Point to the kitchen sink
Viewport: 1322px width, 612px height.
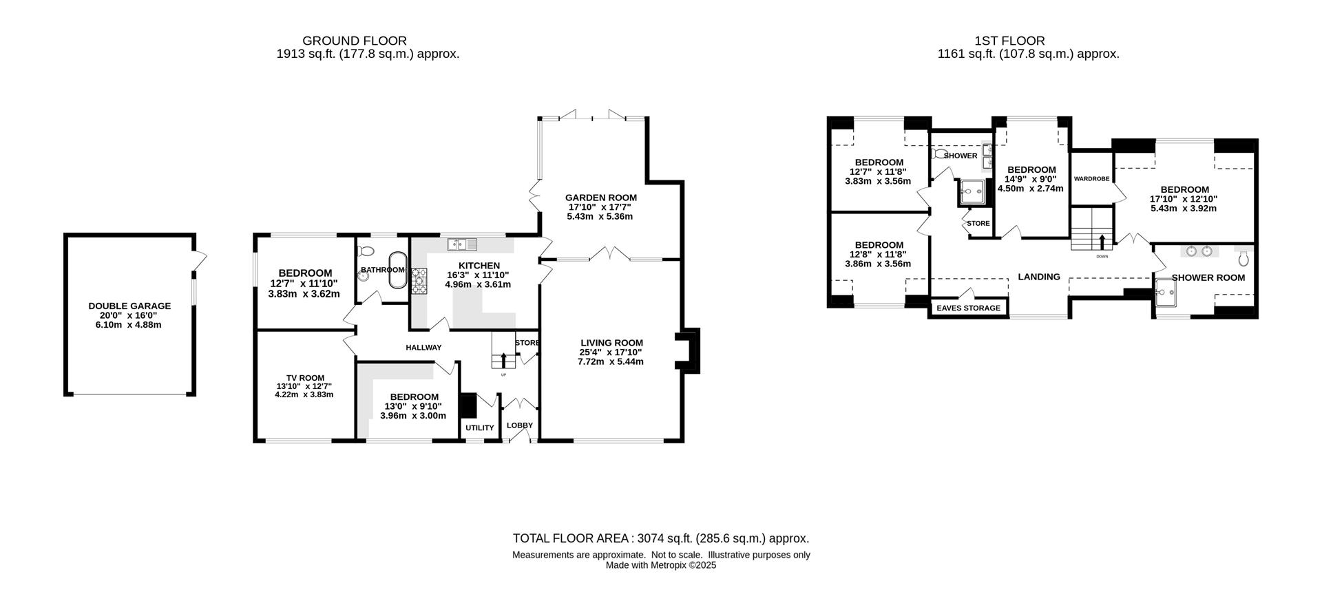[x=462, y=244]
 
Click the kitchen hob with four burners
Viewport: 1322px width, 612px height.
[x=419, y=281]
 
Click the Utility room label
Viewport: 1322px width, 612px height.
[x=480, y=428]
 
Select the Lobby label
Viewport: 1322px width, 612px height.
[x=520, y=425]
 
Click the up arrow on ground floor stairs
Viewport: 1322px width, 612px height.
[x=503, y=360]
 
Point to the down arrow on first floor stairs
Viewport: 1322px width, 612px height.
[x=1102, y=242]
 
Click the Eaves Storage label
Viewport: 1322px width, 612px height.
[x=968, y=308]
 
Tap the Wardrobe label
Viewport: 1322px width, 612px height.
[x=1091, y=179]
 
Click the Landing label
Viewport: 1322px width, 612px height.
[x=1039, y=277]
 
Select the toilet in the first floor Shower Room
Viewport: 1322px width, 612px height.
[x=1244, y=259]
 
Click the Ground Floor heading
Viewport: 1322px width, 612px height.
[x=355, y=41]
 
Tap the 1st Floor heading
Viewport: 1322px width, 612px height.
[x=1010, y=41]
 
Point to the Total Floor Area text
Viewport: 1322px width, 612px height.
[x=661, y=538]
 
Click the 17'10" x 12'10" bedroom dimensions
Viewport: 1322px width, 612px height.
[x=1184, y=199]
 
